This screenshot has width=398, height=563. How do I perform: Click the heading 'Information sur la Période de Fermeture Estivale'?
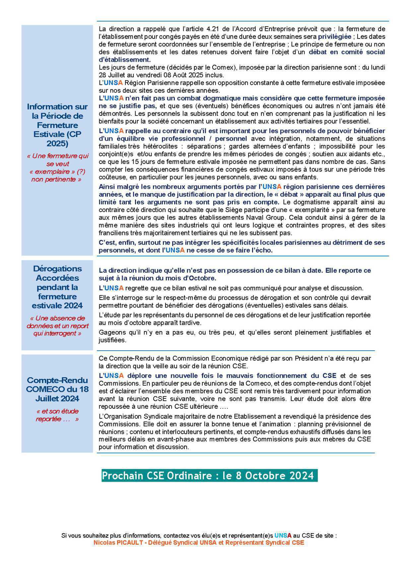pos(57,125)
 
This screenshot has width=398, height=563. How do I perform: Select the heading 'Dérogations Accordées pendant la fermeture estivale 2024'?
pos(57,287)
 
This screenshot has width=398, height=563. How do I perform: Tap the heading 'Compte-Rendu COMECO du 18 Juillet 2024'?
pos(57,389)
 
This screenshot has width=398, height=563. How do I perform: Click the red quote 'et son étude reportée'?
pos(57,415)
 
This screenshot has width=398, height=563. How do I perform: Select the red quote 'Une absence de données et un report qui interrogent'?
pos(57,325)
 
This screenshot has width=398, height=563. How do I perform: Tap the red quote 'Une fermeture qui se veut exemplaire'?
pos(57,168)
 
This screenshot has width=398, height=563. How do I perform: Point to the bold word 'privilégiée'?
pos(335,37)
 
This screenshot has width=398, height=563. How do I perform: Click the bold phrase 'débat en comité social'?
pos(347,52)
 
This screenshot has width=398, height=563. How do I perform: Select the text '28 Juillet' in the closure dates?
pos(111,75)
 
